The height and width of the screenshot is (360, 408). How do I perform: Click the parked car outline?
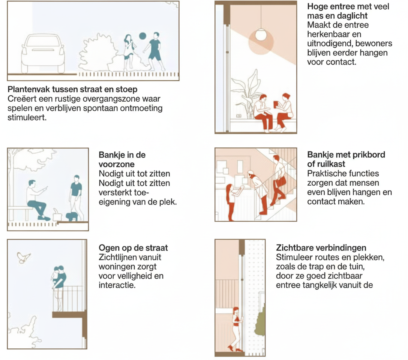click(x=43, y=53)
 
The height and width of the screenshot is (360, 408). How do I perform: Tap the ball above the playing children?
click(x=142, y=36)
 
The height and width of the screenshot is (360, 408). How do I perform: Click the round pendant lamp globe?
click(x=261, y=35)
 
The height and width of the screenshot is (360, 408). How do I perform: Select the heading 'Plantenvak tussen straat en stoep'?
click(x=72, y=89)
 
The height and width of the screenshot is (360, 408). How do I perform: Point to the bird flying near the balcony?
click(x=23, y=257)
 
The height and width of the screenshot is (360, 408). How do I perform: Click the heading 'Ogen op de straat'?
click(x=133, y=248)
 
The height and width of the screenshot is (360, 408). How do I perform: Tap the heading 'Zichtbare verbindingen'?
click(x=321, y=248)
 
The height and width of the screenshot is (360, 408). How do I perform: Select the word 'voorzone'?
click(x=117, y=164)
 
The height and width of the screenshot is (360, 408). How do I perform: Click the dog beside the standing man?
click(x=72, y=216)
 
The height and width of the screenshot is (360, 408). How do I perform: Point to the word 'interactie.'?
click(x=117, y=285)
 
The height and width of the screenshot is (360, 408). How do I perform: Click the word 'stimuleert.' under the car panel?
click(x=27, y=118)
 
